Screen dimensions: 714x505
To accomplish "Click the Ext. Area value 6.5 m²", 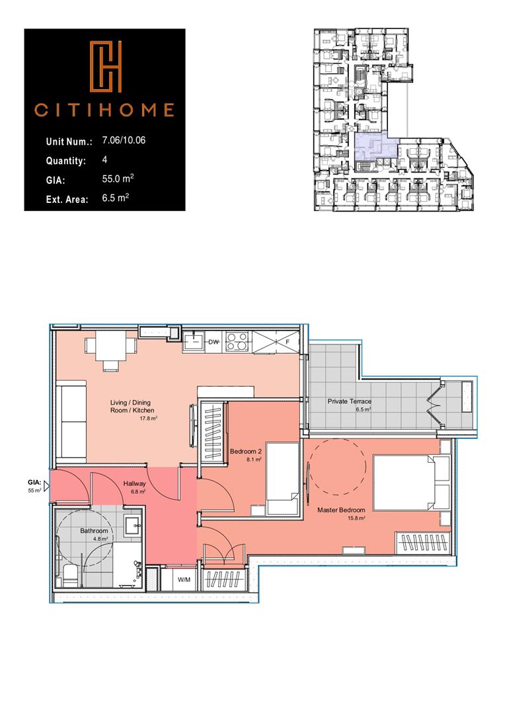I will tap(116, 197).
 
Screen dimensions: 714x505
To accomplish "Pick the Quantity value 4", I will tap(105, 160).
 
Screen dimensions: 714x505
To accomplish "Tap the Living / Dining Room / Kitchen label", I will tap(132, 410).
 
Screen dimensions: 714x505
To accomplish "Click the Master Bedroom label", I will tap(341, 510).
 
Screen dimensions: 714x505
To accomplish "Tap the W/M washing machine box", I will tap(184, 580).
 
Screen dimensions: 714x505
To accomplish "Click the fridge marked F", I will tap(278, 342).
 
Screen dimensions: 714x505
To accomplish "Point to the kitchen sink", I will tap(193, 342).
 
